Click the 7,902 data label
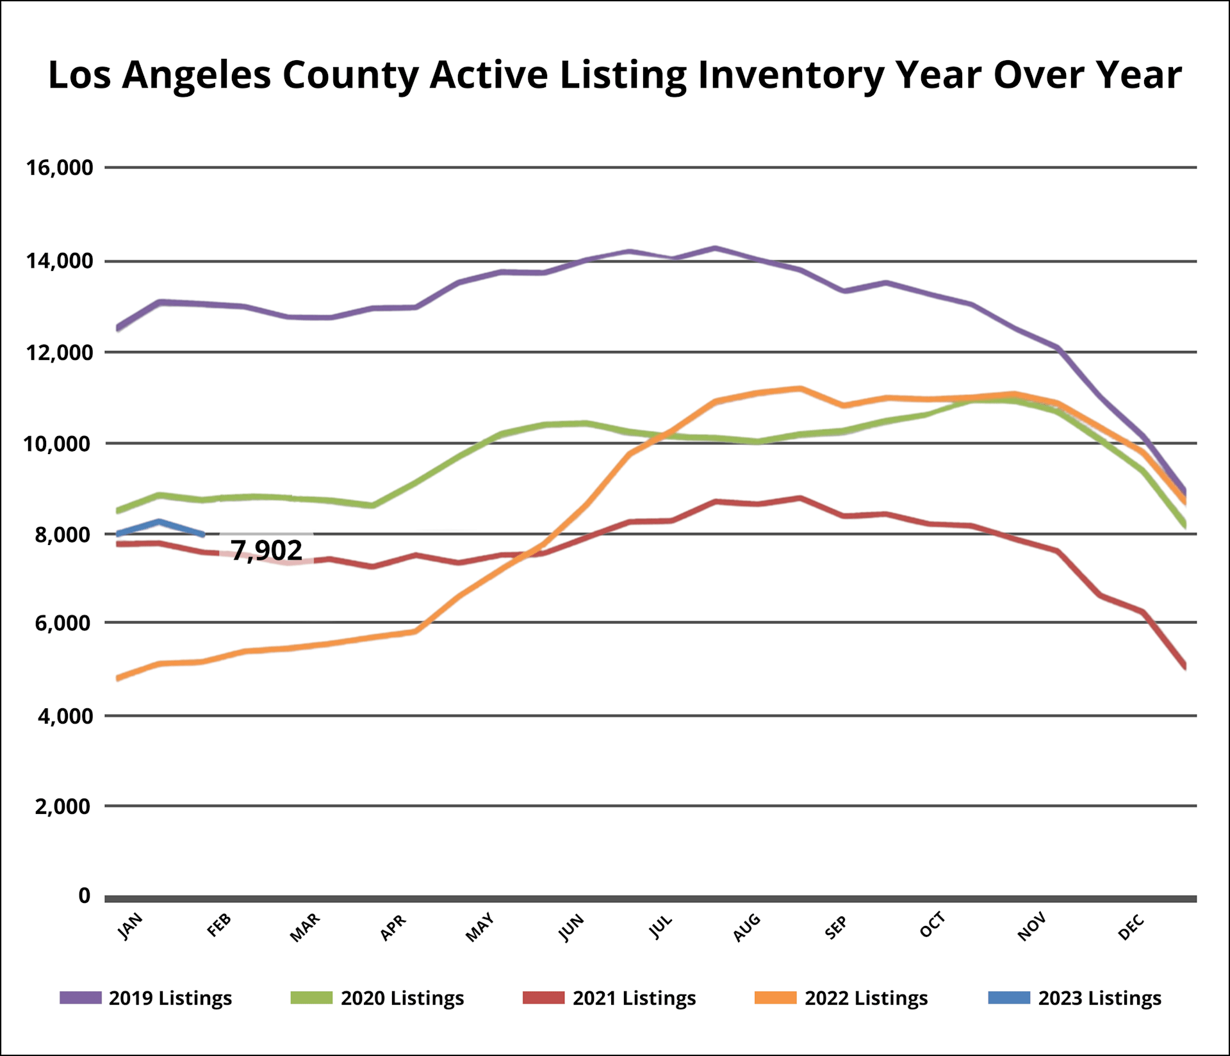tap(266, 550)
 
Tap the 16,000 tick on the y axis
tap(60, 168)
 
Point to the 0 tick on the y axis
tap(84, 895)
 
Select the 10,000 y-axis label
tap(58, 443)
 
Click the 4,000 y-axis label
tap(65, 716)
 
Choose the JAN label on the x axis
tap(131, 926)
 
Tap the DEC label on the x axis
tap(1131, 927)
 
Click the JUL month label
tap(661, 927)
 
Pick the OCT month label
tap(932, 925)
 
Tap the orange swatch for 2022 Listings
tap(775, 998)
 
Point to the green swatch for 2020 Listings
tap(311, 998)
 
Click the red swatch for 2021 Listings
tap(543, 998)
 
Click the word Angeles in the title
tap(197, 76)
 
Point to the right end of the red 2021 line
tap(1185, 667)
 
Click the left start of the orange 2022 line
tap(118, 678)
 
